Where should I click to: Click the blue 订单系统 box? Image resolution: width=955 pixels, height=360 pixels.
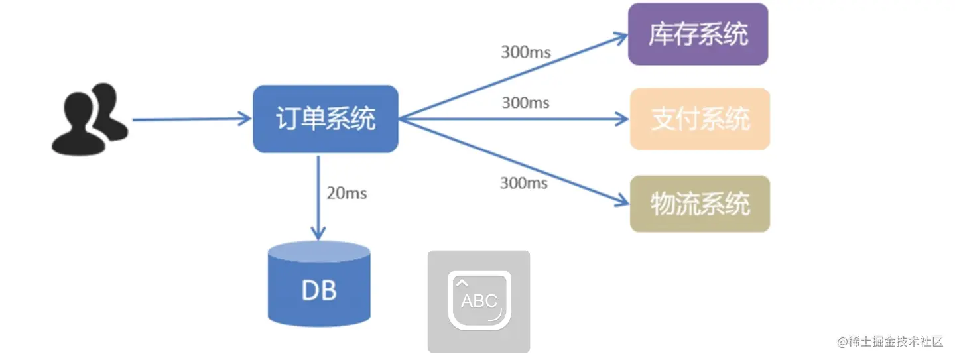tap(325, 119)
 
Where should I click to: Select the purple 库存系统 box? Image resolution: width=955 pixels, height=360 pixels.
tap(698, 34)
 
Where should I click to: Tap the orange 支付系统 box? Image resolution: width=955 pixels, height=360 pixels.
tap(700, 119)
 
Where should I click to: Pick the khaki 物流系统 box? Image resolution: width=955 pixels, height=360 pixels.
tap(700, 204)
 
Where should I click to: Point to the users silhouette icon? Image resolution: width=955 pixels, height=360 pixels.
tap(90, 119)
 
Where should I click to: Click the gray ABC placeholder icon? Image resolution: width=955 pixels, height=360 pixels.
tap(479, 301)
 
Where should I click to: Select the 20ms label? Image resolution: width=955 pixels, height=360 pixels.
tap(346, 194)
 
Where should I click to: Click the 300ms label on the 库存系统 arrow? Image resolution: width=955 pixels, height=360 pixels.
tap(526, 52)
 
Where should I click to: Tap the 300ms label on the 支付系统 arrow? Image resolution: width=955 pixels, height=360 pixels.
tap(526, 103)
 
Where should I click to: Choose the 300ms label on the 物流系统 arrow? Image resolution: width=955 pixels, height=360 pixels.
tap(524, 182)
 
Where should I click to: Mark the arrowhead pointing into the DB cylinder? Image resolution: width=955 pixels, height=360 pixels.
tap(318, 233)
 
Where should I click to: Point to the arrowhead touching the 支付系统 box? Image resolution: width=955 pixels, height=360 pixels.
tap(622, 119)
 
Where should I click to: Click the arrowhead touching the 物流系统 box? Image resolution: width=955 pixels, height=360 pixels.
tap(621, 200)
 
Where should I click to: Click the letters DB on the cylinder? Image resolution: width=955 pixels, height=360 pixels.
tap(318, 290)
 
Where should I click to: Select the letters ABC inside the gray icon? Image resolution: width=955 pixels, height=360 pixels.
tap(479, 301)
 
